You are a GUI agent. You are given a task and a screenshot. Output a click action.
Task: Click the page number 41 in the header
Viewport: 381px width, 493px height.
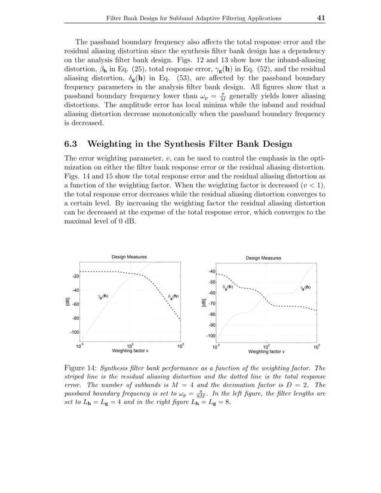point(320,19)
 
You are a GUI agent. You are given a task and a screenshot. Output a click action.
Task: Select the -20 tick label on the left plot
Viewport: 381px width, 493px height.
point(76,276)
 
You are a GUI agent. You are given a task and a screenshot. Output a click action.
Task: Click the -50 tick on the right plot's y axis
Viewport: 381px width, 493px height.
point(211,282)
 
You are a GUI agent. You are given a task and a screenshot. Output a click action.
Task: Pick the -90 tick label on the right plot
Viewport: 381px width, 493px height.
point(211,325)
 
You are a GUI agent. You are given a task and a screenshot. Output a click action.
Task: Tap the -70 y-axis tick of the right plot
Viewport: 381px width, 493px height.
point(211,303)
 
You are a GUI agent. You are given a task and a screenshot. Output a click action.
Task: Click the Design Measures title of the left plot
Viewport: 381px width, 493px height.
point(129,257)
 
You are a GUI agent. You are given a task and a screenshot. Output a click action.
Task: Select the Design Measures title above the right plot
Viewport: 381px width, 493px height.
point(263,258)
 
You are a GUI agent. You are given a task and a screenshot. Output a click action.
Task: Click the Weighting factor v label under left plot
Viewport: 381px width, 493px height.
point(130,351)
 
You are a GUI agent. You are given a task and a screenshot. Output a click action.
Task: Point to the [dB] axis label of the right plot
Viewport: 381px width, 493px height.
point(202,303)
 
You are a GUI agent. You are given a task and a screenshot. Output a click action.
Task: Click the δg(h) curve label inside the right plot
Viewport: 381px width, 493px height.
point(228,288)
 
